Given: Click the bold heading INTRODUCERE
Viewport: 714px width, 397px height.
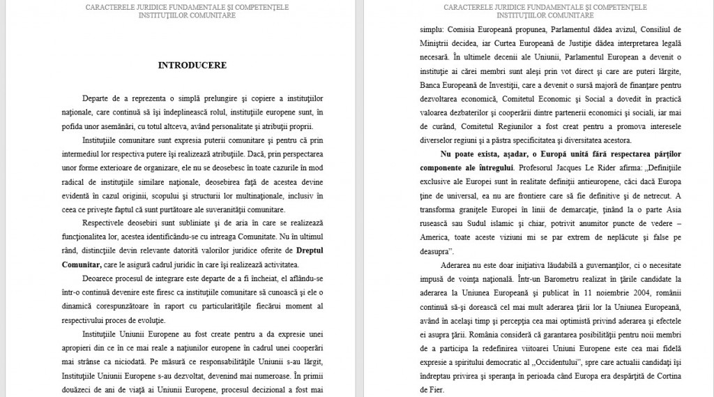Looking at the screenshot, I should (192, 66).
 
